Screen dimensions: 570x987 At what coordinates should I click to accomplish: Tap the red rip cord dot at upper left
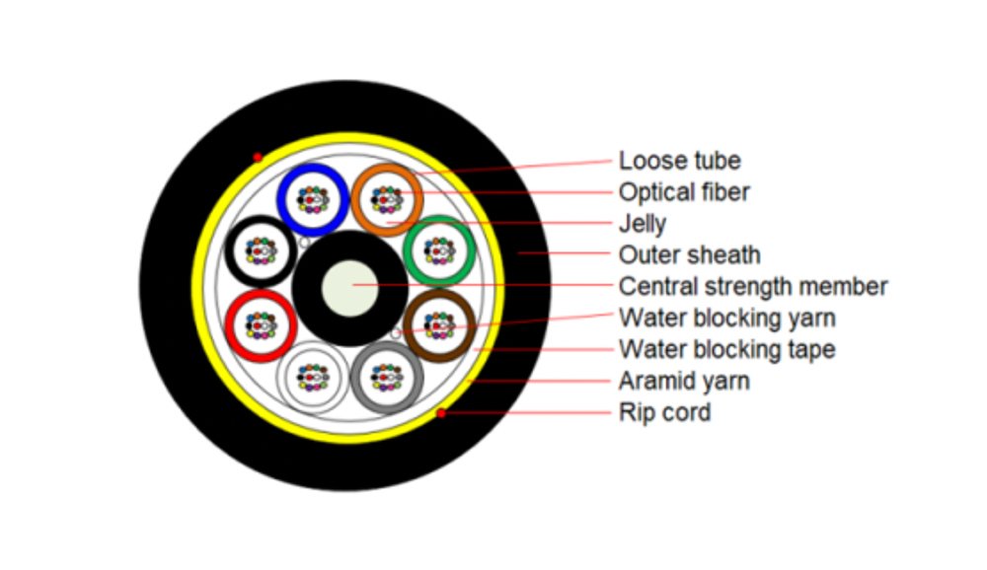pyautogui.click(x=258, y=158)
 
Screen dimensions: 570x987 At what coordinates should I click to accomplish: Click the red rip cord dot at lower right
pyautogui.click(x=441, y=412)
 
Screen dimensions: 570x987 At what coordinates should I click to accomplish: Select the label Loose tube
pyautogui.click(x=679, y=161)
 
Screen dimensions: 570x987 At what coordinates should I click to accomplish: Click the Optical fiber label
pyautogui.click(x=684, y=191)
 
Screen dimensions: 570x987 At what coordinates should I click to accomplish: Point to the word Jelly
pyautogui.click(x=643, y=224)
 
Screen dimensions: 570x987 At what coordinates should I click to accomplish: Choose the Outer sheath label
pyautogui.click(x=689, y=255)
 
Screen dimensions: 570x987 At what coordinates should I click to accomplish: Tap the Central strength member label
pyautogui.click(x=753, y=287)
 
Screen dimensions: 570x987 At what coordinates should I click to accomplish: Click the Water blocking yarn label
pyautogui.click(x=726, y=319)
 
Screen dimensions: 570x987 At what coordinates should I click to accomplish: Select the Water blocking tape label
pyautogui.click(x=726, y=349)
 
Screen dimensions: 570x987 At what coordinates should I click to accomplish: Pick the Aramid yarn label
pyautogui.click(x=684, y=381)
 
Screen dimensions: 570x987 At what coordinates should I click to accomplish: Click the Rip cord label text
pyautogui.click(x=664, y=412)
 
